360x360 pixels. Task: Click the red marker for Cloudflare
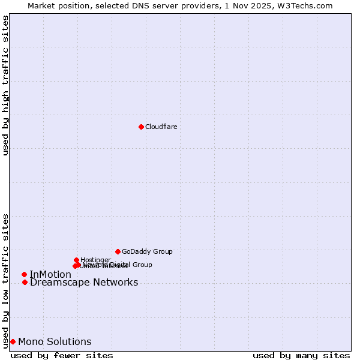pyautogui.click(x=141, y=127)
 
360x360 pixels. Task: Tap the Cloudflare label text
pyautogui.click(x=161, y=127)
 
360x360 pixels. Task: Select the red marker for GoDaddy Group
pyautogui.click(x=118, y=251)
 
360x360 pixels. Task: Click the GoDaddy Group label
pyautogui.click(x=147, y=252)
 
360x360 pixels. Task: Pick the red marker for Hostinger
pyautogui.click(x=76, y=260)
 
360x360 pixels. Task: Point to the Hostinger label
pyautogui.click(x=95, y=260)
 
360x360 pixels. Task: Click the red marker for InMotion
pyautogui.click(x=24, y=274)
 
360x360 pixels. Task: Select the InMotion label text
pyautogui.click(x=50, y=275)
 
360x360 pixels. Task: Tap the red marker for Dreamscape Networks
pyautogui.click(x=25, y=282)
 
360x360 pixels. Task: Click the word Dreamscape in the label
pyautogui.click(x=58, y=283)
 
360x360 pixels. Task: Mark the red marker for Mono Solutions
pyautogui.click(x=13, y=341)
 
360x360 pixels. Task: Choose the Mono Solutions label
pyautogui.click(x=55, y=342)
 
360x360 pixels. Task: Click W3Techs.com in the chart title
pyautogui.click(x=307, y=5)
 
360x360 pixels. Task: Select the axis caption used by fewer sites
pyautogui.click(x=62, y=355)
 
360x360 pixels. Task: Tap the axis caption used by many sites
pyautogui.click(x=301, y=355)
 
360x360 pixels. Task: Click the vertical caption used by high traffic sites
pyautogui.click(x=5, y=85)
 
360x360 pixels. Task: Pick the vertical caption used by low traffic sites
pyautogui.click(x=5, y=280)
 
